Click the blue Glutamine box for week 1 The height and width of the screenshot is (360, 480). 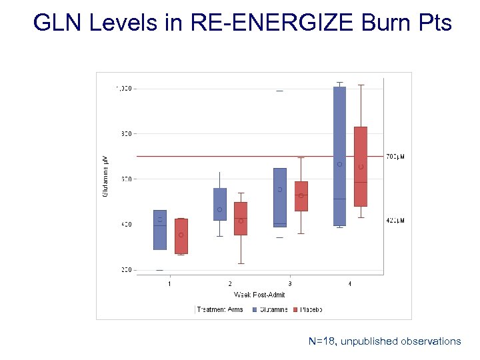pyautogui.click(x=160, y=230)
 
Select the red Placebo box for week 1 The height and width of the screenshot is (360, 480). pyautogui.click(x=181, y=236)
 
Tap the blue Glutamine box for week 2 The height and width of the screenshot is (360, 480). pyautogui.click(x=220, y=204)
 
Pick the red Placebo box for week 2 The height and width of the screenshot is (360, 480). pyautogui.click(x=241, y=219)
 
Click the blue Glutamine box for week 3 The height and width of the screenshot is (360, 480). pyautogui.click(x=280, y=197)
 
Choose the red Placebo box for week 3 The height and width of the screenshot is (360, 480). pyautogui.click(x=301, y=196)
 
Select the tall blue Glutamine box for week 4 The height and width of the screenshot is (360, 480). pyautogui.click(x=339, y=156)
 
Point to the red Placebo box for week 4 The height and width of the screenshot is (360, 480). pyautogui.click(x=361, y=167)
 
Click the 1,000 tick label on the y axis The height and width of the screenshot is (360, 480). pyautogui.click(x=125, y=88)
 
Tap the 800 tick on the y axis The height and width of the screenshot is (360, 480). pyautogui.click(x=127, y=133)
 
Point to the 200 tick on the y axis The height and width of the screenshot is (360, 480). pyautogui.click(x=127, y=270)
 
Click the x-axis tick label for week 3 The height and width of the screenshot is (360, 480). pyautogui.click(x=290, y=284)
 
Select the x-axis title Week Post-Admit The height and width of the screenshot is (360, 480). pyautogui.click(x=259, y=295)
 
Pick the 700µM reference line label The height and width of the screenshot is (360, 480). pyautogui.click(x=395, y=157)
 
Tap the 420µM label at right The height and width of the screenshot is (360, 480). pyautogui.click(x=395, y=221)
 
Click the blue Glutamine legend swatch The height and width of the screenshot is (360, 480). pyautogui.click(x=257, y=309)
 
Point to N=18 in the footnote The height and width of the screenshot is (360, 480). pyautogui.click(x=322, y=341)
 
